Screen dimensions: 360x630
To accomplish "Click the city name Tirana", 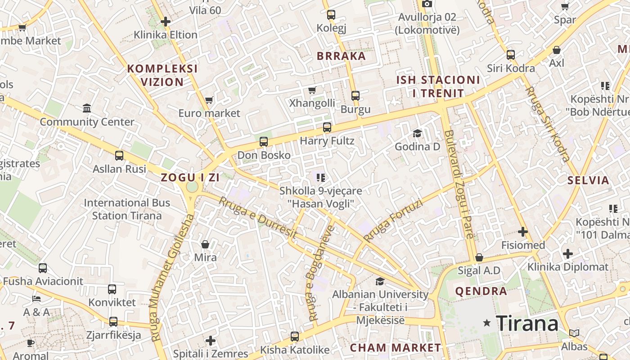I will pyautogui.click(x=527, y=323).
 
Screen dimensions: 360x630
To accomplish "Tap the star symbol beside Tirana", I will pyautogui.click(x=486, y=323).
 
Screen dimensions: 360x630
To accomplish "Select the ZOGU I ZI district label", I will pyautogui.click(x=190, y=177).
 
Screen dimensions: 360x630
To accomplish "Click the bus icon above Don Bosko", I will pyautogui.click(x=264, y=142).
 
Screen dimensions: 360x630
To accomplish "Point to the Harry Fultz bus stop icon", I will pyautogui.click(x=327, y=127).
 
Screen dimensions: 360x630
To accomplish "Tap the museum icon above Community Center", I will pyautogui.click(x=87, y=108).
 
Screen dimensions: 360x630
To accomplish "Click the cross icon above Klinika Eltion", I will pyautogui.click(x=166, y=21).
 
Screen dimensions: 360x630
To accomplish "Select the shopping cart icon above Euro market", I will pyautogui.click(x=209, y=99).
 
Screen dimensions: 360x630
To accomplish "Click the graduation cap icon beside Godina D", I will pyautogui.click(x=417, y=133).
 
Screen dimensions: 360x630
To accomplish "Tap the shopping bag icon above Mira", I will pyautogui.click(x=205, y=244).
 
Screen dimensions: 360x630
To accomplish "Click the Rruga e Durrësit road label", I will pyautogui.click(x=258, y=217).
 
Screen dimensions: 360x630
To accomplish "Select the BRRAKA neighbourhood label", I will pyautogui.click(x=341, y=56).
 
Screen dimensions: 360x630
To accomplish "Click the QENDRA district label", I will pyautogui.click(x=481, y=291).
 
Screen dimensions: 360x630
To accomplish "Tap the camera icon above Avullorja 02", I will pyautogui.click(x=427, y=4).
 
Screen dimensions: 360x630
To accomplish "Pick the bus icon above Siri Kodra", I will pyautogui.click(x=511, y=55).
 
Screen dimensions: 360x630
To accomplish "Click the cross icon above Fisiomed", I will pyautogui.click(x=522, y=232).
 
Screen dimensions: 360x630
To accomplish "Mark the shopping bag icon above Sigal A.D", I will pyautogui.click(x=479, y=257).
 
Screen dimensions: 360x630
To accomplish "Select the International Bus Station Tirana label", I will pyautogui.click(x=127, y=209).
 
